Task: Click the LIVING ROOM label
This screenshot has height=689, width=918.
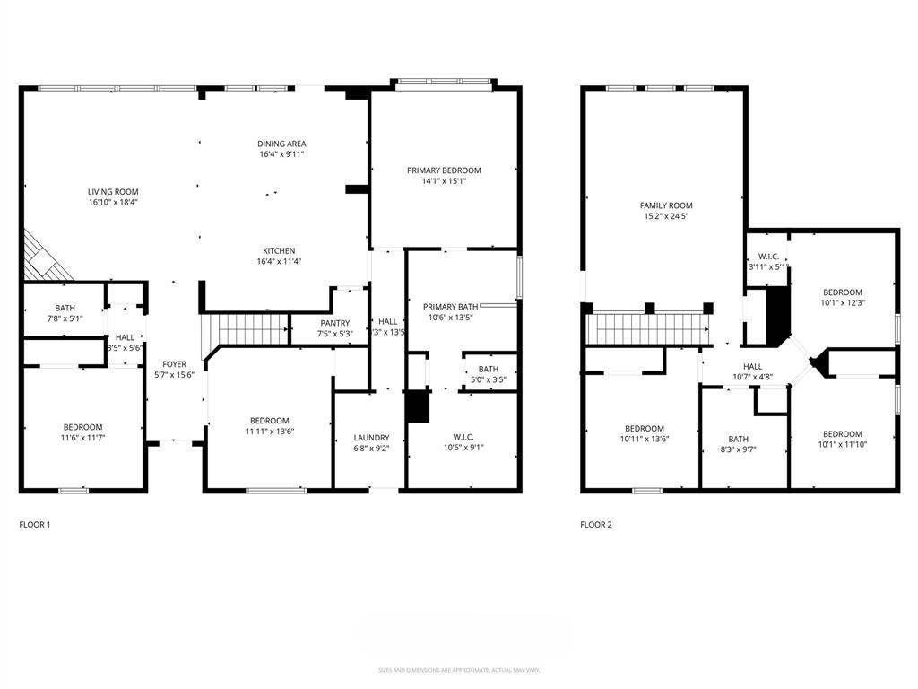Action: pos(113,191)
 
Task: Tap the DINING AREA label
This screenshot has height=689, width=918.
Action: pos(281,144)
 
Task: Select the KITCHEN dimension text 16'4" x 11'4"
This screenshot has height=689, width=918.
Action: pos(279,262)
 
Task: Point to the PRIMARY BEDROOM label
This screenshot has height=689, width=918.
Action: pos(444,170)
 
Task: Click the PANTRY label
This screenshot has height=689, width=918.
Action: pos(335,323)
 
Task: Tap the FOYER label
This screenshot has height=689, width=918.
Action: pos(174,364)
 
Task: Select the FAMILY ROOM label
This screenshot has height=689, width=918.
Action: pos(665,205)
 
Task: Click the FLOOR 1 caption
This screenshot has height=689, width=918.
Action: pos(35,524)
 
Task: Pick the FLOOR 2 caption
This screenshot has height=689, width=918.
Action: pos(596,524)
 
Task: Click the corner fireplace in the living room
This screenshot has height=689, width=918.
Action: pos(45,256)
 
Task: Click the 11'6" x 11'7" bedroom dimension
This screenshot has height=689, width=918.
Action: pos(82,438)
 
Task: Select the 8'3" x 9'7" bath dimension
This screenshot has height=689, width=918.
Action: pos(743,449)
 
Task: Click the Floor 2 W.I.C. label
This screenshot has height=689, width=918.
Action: pos(767,256)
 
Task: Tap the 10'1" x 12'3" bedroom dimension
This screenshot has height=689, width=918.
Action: pos(843,303)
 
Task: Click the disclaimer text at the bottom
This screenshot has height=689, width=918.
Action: pos(459,670)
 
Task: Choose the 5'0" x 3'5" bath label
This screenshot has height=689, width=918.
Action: pos(489,368)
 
